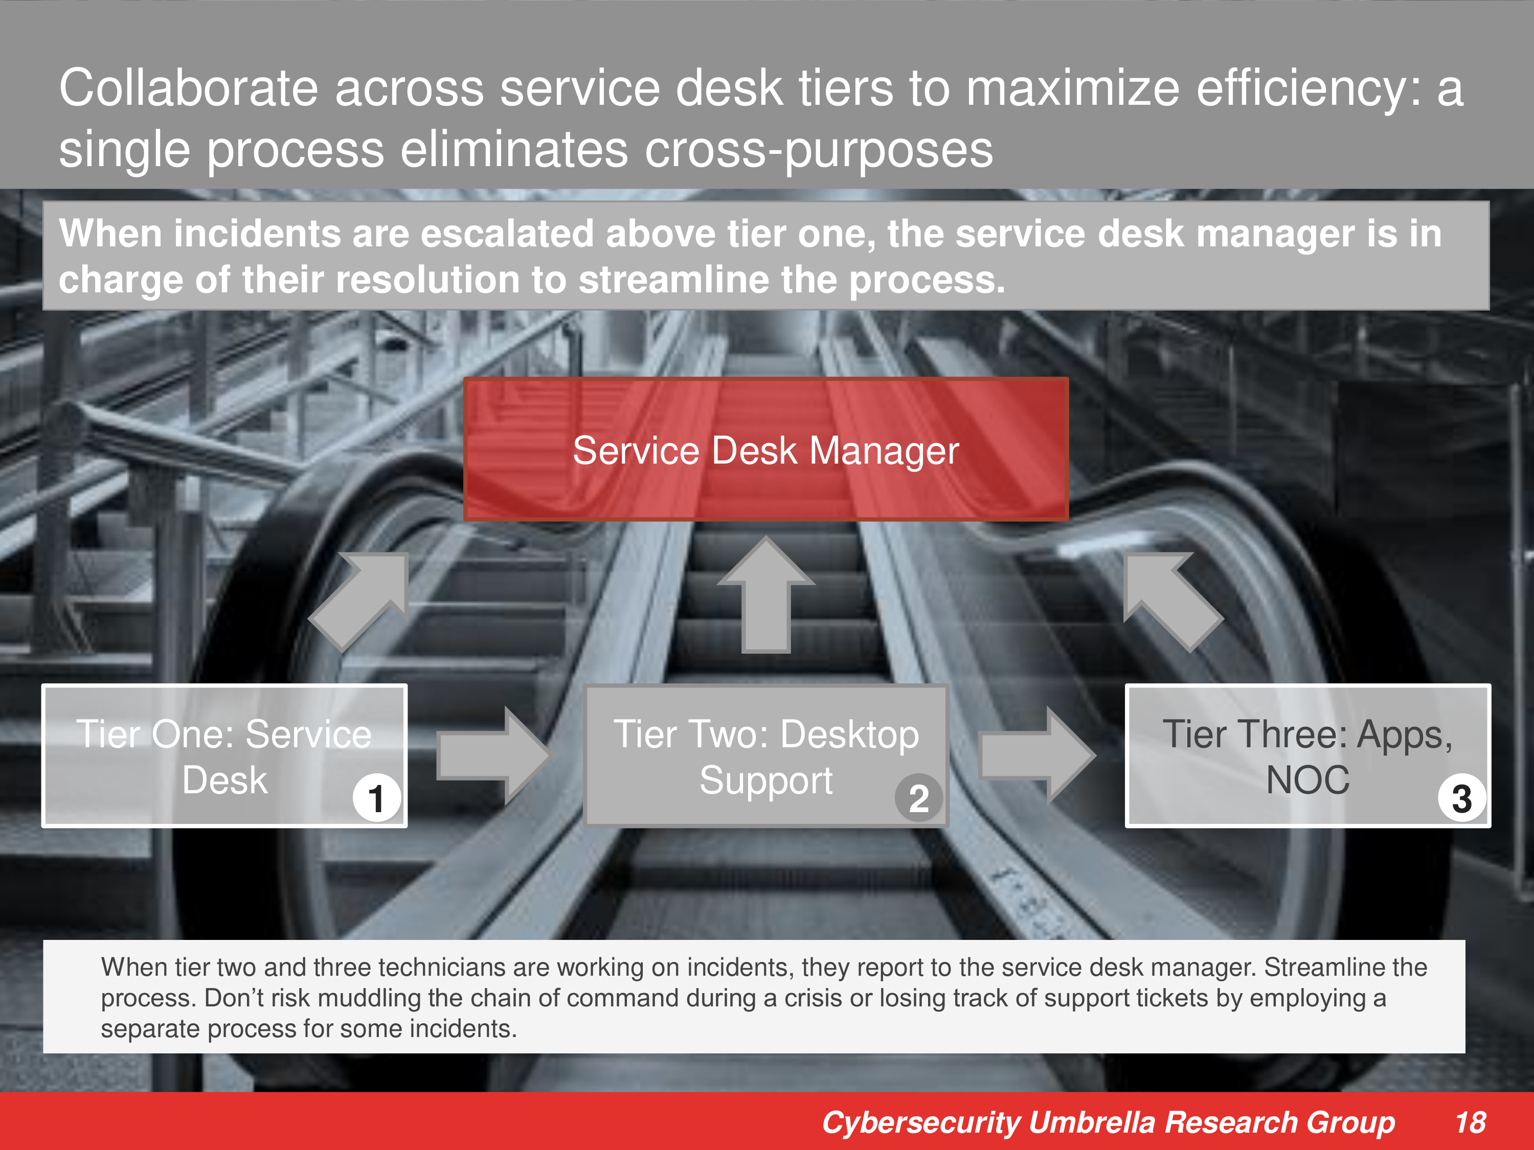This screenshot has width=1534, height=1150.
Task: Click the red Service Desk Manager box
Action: (x=765, y=449)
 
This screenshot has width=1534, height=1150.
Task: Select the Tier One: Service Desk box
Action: (x=224, y=755)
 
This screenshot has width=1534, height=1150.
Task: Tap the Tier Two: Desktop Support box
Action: (x=765, y=755)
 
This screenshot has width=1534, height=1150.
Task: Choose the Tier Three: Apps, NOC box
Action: (x=1307, y=755)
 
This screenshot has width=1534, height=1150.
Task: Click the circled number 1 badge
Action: (x=376, y=798)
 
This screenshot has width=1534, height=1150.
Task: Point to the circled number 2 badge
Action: (x=918, y=798)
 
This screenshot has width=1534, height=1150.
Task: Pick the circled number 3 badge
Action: (x=1461, y=798)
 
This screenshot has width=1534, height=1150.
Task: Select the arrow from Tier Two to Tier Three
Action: (x=1037, y=755)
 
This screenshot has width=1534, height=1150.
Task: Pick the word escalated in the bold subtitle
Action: (x=507, y=233)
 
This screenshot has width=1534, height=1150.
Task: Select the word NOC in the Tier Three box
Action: (x=1308, y=780)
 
